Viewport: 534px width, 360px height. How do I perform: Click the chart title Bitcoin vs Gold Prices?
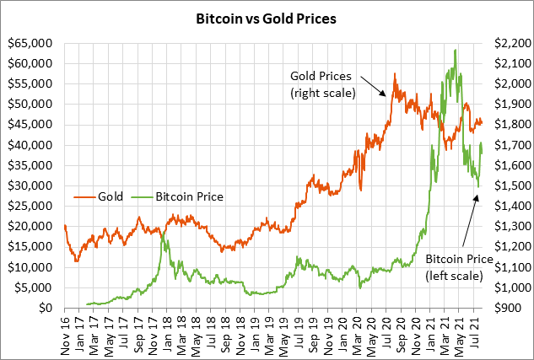click(x=267, y=18)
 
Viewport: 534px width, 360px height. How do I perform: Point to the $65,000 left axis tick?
click(x=30, y=43)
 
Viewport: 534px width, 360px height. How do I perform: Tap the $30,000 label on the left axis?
click(x=30, y=185)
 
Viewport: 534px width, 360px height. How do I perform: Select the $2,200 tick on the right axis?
click(x=505, y=43)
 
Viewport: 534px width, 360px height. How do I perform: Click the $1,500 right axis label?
click(x=505, y=185)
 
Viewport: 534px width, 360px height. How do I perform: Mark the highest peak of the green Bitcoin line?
click(x=456, y=50)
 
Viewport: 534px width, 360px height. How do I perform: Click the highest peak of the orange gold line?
click(x=394, y=74)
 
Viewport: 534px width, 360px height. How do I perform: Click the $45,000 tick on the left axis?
click(x=30, y=125)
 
